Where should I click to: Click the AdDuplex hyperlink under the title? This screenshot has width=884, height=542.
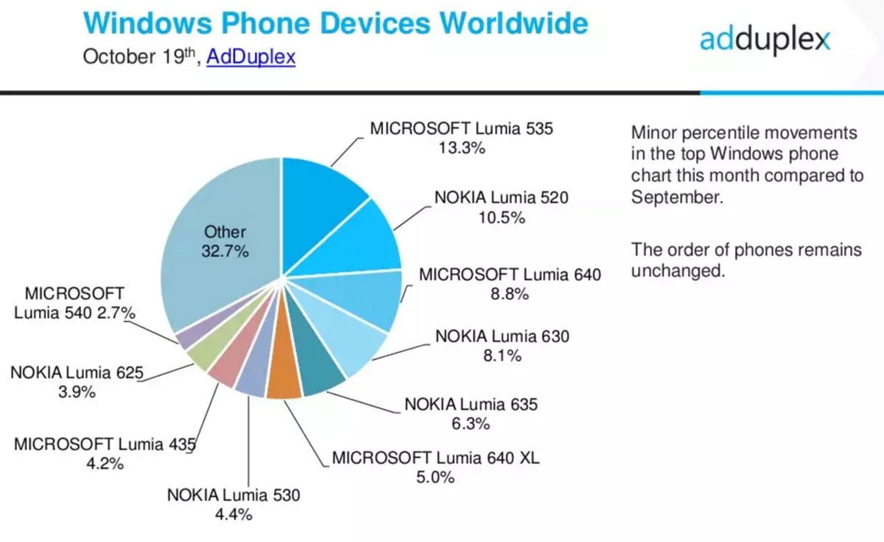[250, 58]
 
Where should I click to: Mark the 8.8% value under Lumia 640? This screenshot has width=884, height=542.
[510, 294]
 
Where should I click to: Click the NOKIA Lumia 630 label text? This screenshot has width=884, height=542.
[502, 336]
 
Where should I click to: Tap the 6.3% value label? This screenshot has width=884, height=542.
[471, 424]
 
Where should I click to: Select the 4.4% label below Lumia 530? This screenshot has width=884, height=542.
[234, 515]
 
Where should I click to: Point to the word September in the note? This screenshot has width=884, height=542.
[674, 197]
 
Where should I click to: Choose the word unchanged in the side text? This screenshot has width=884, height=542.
[678, 270]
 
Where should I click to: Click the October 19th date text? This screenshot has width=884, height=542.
[139, 58]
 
